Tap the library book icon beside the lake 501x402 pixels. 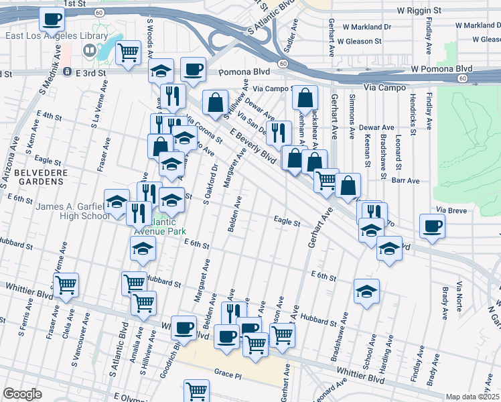tap(88, 50)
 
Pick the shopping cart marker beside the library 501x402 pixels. tap(128, 52)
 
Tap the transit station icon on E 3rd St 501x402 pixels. tap(67, 72)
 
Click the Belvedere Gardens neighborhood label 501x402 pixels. tap(31, 171)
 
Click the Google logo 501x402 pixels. tap(22, 394)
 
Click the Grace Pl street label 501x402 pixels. tap(227, 371)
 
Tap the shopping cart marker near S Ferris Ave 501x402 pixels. tap(66, 285)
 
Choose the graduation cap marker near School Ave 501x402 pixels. tap(366, 291)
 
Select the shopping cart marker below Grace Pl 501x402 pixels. tap(196, 391)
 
